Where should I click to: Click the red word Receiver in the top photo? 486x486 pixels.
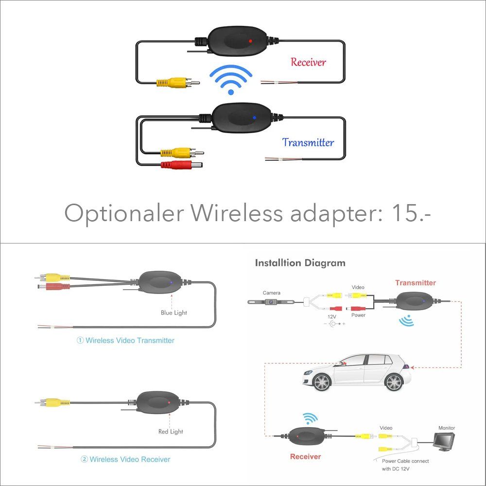(x=308, y=62)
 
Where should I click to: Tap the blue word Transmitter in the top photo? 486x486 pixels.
(x=308, y=142)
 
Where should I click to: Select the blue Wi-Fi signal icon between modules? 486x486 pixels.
(x=231, y=80)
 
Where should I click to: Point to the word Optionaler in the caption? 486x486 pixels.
(x=123, y=213)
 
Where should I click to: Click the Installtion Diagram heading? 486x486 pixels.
(x=300, y=263)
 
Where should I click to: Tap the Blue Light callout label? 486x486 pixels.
(x=174, y=312)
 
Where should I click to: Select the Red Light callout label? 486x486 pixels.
(x=171, y=431)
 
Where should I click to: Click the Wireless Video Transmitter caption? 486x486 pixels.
(x=125, y=340)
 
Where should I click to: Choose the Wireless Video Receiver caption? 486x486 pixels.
(x=125, y=459)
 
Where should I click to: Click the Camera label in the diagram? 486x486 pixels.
(x=271, y=293)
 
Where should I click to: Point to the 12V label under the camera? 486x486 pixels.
(x=332, y=316)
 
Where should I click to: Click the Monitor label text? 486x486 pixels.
(x=447, y=428)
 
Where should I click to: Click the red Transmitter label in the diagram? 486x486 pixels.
(x=416, y=283)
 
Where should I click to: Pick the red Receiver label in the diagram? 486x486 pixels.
(x=305, y=456)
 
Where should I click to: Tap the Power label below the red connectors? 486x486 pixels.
(x=358, y=315)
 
